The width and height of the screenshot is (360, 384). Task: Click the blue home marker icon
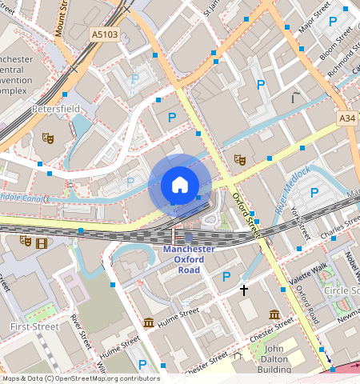coord(180,186)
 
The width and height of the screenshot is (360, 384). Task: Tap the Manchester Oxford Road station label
coord(189,259)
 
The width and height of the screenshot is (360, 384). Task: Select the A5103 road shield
coord(103,35)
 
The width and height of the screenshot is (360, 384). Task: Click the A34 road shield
coord(346,118)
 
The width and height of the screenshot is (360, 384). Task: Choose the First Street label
coord(34,327)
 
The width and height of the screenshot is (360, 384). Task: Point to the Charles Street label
coord(340,230)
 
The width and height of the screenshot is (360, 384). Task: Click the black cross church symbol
coord(244,290)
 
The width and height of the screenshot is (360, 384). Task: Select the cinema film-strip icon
coord(41,242)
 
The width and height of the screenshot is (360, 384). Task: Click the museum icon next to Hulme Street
coord(148,322)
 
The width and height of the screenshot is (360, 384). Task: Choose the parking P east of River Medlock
coord(314,192)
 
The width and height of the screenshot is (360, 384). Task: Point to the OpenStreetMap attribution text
coord(81,378)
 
